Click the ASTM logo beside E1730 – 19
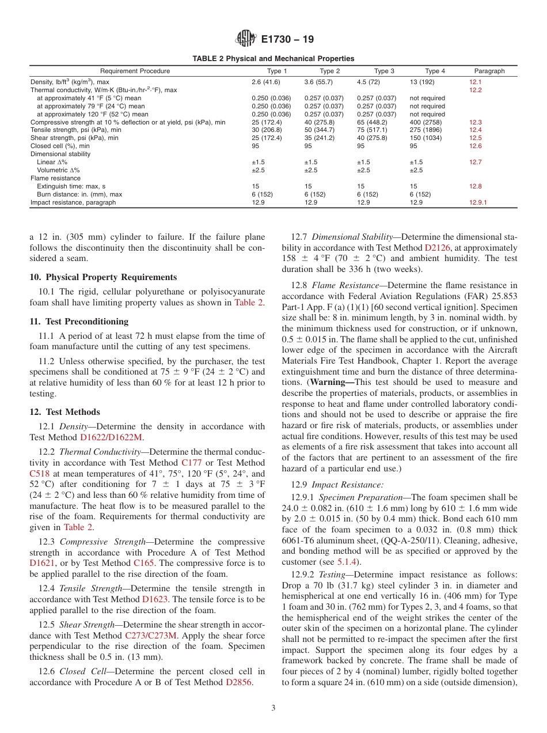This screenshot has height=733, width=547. coord(246,40)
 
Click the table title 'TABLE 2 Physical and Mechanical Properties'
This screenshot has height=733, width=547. coord(273,59)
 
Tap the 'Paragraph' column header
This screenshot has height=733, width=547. coord(489,71)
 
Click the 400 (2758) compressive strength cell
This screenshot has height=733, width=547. coord(424,123)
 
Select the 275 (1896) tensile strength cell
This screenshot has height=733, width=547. coord(424,130)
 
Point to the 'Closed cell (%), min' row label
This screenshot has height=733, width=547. coord(60,146)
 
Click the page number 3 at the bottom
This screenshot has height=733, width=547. coord(273,708)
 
